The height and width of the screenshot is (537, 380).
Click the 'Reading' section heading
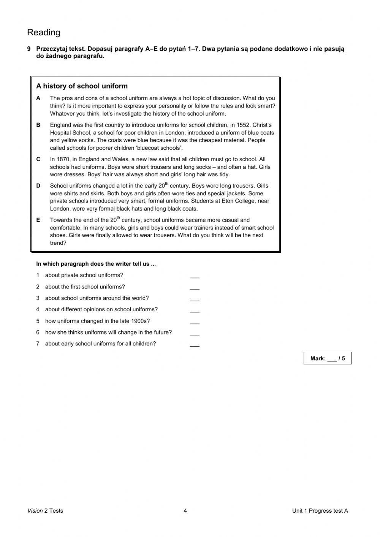44,33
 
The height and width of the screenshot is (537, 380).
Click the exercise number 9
29,49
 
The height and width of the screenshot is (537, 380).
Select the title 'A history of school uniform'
82,86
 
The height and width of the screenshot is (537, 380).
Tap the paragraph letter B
38,125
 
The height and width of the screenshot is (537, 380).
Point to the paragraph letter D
38,186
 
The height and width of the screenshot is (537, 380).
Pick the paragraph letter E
38,220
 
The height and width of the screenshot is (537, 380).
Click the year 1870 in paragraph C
63,159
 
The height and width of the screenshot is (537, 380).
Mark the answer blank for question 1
194,276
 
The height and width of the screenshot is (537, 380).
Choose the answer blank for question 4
194,310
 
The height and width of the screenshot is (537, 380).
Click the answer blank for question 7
194,345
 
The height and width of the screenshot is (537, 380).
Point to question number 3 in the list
38,298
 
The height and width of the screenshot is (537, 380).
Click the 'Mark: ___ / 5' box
328,358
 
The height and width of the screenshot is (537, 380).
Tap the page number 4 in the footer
185,511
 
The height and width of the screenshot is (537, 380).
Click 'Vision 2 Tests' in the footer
45,511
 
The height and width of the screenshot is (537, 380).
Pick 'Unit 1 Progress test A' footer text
320,511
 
